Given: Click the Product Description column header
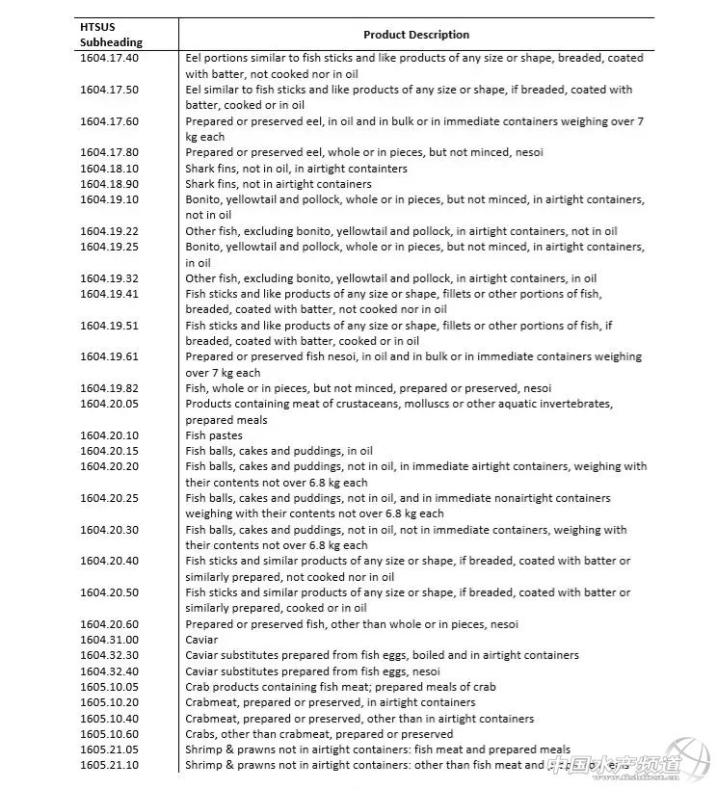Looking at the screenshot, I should pos(416,35).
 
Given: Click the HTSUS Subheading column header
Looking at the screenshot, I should pos(111,35).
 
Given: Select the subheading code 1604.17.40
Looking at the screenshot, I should pos(109,58).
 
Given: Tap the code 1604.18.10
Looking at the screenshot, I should pos(109,169).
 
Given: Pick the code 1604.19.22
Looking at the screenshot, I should pos(109,231).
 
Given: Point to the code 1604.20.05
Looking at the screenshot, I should pos(109,404).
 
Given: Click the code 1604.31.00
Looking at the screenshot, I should pos(109,640).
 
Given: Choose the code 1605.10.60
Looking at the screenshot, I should pos(109,734).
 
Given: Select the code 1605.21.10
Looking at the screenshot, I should pos(109,765).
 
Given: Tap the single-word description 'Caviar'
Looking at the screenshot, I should pos(201,640).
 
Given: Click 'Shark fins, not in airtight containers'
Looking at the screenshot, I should pos(278,184).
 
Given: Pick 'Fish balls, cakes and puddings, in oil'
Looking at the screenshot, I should pos(278,451).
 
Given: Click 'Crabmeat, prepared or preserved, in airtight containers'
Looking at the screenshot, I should pos(330,702).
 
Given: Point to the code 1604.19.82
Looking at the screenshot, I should pos(109,388).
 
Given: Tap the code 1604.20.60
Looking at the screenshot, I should pos(109,623).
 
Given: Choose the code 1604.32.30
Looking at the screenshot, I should pos(109,655).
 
